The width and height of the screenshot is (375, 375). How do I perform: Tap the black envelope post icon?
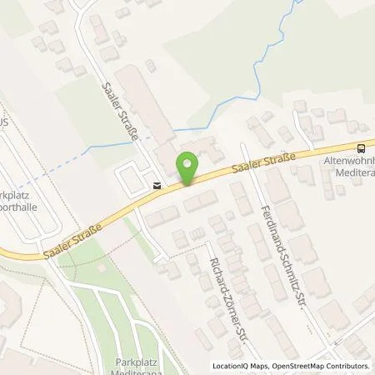(157, 186)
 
